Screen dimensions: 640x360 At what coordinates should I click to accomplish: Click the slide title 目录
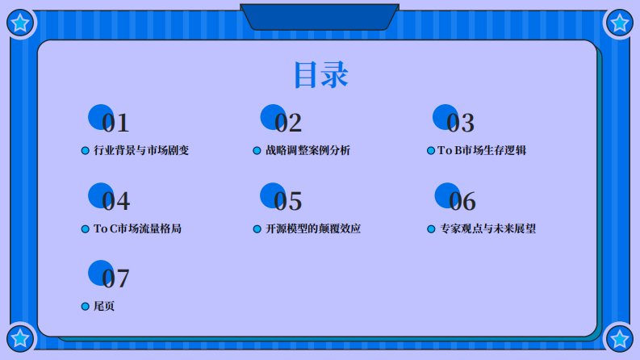[x=321, y=75]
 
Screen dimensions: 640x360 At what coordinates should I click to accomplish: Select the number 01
[x=115, y=123]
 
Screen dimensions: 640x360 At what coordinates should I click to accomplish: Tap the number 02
[x=288, y=123]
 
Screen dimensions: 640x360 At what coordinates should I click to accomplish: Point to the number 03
[x=460, y=123]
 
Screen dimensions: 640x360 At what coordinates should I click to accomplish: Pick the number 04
[x=115, y=201]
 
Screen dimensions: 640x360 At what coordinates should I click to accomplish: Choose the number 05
[x=288, y=201]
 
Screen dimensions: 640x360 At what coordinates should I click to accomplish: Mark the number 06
[x=462, y=201]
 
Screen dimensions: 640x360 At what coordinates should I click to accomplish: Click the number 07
[x=115, y=278]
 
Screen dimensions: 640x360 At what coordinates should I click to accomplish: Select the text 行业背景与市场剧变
[x=141, y=150]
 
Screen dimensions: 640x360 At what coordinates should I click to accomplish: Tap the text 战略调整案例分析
[x=307, y=150]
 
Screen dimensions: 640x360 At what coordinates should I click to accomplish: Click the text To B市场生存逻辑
[x=482, y=150]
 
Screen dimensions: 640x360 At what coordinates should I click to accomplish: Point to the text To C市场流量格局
[x=137, y=228]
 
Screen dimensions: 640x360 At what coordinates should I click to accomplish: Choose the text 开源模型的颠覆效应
[x=313, y=228]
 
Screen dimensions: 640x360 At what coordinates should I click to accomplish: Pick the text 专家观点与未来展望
[x=487, y=228]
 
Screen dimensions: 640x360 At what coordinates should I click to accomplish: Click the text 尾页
[x=104, y=306]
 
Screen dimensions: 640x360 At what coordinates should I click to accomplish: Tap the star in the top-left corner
[x=20, y=23]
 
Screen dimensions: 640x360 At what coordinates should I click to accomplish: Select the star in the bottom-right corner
[x=620, y=338]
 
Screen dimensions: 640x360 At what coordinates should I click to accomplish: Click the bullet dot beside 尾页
[x=86, y=307]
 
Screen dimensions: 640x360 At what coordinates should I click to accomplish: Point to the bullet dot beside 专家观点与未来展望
[x=431, y=229]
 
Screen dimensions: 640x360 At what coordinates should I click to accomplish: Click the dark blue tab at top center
[x=320, y=17]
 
